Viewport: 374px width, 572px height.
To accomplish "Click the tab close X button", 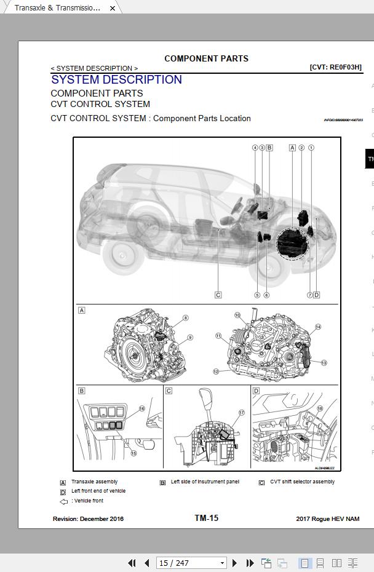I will (113, 8).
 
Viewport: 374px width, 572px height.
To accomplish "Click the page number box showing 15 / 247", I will (191, 563).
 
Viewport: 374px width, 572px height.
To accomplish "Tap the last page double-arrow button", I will (250, 563).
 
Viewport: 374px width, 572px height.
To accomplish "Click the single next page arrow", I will (234, 563).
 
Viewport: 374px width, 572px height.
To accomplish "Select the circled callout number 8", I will (185, 318).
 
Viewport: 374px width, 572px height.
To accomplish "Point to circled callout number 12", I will (216, 371).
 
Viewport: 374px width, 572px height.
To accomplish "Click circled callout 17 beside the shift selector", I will (242, 413).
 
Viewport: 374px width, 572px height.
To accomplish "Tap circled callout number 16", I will (141, 408).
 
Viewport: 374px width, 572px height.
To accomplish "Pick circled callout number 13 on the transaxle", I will (324, 363).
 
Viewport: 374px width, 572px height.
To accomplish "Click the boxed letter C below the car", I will (218, 295).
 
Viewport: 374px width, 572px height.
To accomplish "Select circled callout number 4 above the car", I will (255, 148).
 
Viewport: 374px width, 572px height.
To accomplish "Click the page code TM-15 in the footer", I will (206, 518).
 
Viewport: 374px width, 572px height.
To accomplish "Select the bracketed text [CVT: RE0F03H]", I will (335, 67).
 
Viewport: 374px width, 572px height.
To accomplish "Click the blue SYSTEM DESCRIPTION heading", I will (116, 80).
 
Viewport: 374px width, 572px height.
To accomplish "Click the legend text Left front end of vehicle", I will (98, 491).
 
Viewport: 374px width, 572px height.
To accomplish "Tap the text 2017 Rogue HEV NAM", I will (327, 519).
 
